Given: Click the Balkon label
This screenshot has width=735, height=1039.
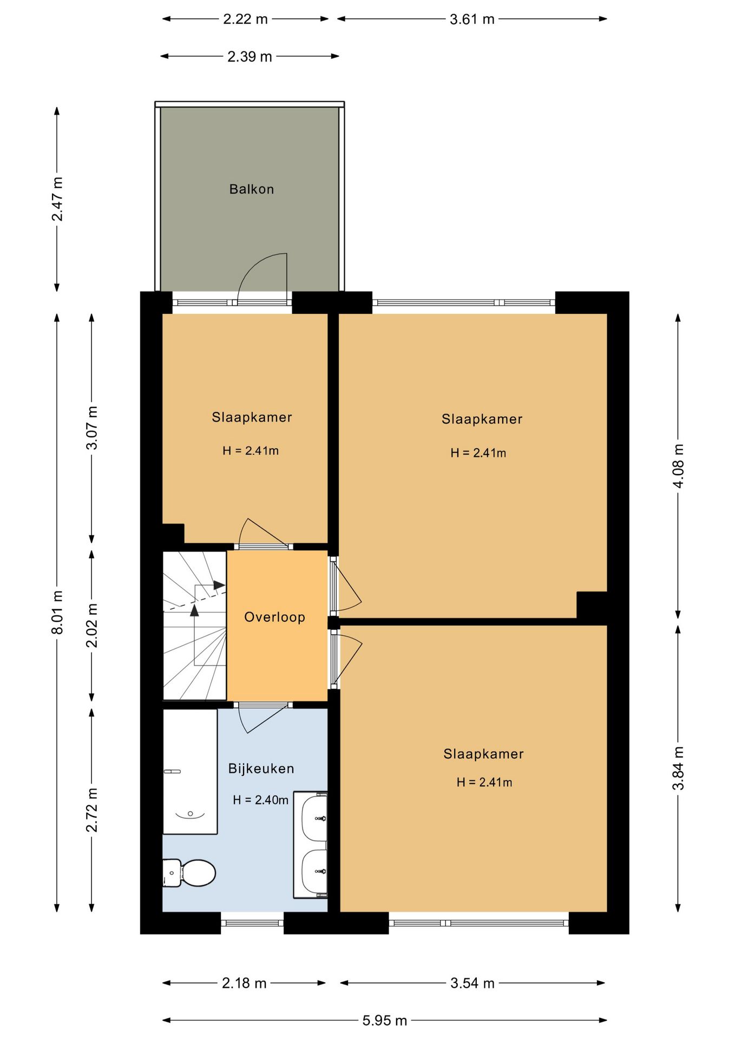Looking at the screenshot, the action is (252, 189).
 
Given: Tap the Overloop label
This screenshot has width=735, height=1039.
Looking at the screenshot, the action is (274, 617).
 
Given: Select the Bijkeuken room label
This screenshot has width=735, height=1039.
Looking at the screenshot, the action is (261, 769).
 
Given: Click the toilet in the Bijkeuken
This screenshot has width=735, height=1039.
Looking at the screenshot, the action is (189, 873).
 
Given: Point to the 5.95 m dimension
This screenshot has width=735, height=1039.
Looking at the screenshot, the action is (384, 1021).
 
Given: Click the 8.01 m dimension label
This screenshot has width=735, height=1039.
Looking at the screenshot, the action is (57, 612).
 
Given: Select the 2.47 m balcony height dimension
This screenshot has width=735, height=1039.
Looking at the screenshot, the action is (57, 199).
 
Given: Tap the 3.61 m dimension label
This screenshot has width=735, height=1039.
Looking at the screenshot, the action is (472, 19).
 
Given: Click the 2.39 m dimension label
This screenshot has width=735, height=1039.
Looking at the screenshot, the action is (250, 57).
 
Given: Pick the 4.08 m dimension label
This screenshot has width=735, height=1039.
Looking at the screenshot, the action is (678, 466).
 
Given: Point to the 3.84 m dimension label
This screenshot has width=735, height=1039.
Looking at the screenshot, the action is (678, 768).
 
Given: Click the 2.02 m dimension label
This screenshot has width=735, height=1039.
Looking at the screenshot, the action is (92, 626).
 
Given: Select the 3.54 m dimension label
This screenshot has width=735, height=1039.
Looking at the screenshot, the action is (472, 983).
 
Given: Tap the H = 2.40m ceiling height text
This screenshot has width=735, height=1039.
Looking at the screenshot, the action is (260, 800).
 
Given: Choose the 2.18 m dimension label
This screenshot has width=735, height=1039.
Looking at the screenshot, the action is (244, 983).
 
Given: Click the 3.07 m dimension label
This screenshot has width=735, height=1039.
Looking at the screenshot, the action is (92, 428).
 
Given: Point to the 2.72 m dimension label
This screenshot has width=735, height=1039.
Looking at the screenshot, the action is (92, 810).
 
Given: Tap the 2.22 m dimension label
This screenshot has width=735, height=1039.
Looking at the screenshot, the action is (245, 19).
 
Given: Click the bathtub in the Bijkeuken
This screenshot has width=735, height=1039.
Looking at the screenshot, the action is (190, 772).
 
